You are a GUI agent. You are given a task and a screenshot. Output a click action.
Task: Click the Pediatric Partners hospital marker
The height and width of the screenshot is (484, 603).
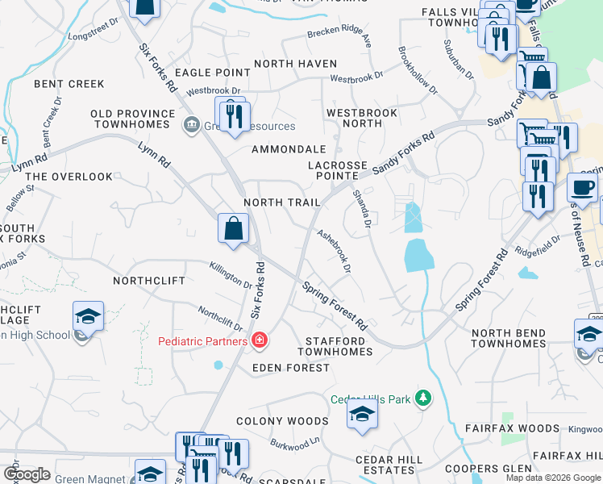click(260, 341)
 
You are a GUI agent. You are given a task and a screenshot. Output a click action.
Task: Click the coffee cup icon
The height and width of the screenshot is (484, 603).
click(583, 187)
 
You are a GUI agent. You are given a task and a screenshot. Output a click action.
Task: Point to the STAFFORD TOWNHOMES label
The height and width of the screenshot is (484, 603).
click(335, 346)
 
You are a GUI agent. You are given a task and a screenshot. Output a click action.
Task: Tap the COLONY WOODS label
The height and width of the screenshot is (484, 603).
click(282, 421)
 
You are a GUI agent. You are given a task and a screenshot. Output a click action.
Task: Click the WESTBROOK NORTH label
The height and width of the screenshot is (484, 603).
click(362, 118)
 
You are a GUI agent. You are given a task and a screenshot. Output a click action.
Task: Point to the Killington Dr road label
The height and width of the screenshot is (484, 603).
click(230, 275)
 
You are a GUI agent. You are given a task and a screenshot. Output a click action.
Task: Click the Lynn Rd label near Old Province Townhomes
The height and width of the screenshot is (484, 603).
click(153, 156)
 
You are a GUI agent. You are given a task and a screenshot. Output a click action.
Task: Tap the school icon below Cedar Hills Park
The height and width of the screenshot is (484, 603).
click(363, 415)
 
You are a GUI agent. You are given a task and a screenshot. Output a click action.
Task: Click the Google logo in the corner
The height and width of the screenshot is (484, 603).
click(27, 474)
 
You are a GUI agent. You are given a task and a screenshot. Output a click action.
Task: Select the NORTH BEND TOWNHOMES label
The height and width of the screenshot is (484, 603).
click(509, 338)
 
